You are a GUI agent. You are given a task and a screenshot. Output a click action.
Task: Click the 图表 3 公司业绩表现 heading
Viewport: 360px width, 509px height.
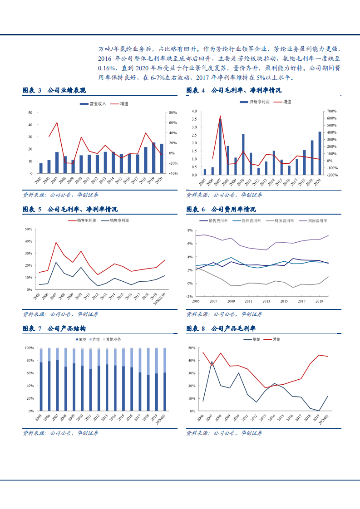tap(54, 91)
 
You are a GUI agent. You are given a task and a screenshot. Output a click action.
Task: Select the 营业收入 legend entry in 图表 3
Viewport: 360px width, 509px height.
tap(93, 104)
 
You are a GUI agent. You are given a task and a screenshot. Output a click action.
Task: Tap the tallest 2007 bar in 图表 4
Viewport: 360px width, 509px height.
tap(220, 147)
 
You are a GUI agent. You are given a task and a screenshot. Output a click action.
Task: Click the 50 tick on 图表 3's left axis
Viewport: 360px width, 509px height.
tap(30, 112)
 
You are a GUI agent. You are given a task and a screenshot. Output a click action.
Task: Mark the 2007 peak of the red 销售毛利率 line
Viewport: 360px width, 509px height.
tap(56, 242)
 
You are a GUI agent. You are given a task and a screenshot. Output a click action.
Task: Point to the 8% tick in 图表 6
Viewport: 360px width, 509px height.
tap(191, 230)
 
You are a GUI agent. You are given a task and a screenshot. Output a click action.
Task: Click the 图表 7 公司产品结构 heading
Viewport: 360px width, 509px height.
tap(54, 328)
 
